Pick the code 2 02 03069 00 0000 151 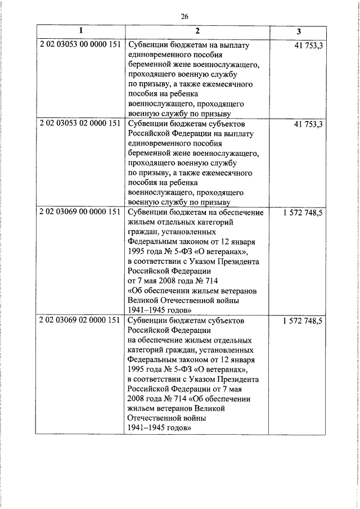[80, 212]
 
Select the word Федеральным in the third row [151, 242]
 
